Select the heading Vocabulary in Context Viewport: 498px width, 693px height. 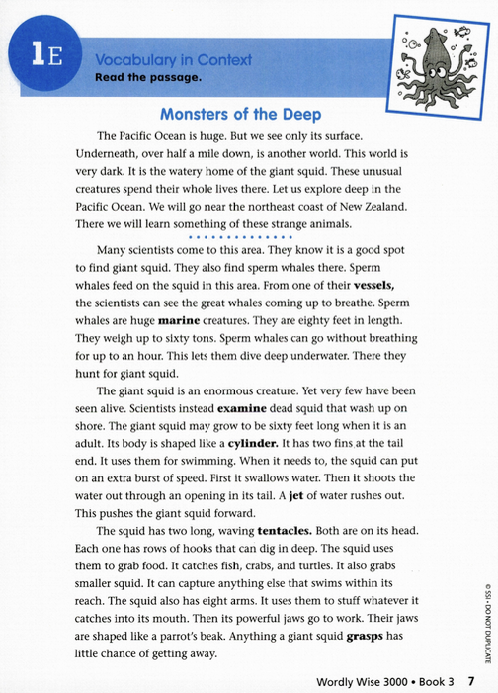click(173, 60)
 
